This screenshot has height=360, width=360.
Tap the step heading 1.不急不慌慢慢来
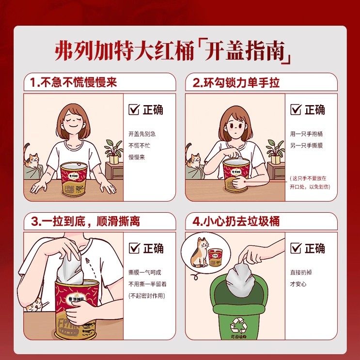tap(73, 82)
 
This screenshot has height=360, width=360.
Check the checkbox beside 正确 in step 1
tap(134, 110)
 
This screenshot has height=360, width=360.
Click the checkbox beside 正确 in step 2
tap(296, 110)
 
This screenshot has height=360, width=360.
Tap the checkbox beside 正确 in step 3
tap(134, 249)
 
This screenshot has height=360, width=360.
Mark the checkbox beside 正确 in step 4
tap(296, 249)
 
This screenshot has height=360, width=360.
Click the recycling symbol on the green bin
tap(238, 323)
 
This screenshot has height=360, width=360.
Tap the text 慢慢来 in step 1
tap(137, 157)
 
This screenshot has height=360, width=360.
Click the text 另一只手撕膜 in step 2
tap(306, 145)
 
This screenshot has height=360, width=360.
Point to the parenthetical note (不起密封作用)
tap(147, 295)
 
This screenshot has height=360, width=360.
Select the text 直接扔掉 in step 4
tap(301, 272)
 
